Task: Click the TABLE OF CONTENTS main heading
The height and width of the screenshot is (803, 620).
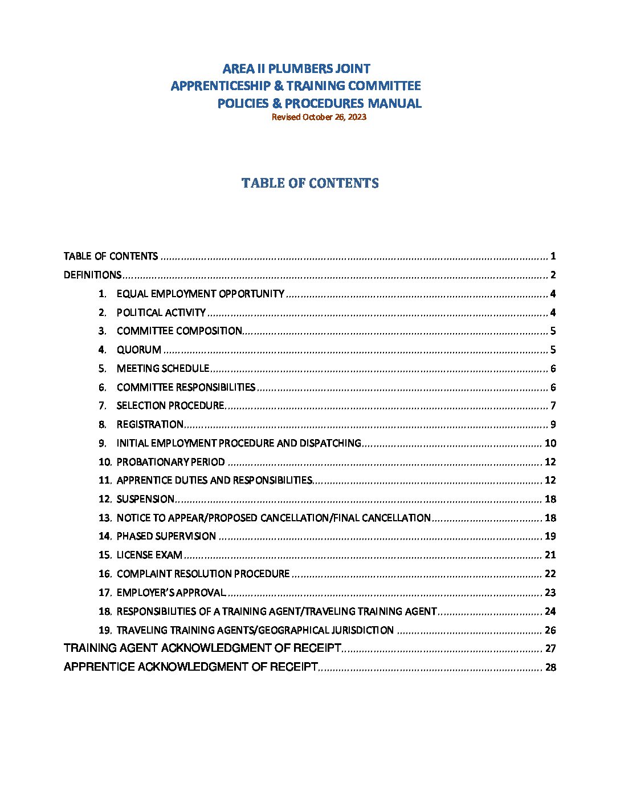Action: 310,183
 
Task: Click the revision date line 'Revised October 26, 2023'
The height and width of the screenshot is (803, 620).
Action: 319,117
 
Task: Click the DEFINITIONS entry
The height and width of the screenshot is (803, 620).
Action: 92,275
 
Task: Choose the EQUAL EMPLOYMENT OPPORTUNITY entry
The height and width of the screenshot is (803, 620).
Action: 200,294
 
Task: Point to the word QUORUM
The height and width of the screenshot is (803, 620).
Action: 138,350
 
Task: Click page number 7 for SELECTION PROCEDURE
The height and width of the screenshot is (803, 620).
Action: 553,406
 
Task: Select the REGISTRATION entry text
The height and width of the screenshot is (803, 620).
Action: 150,424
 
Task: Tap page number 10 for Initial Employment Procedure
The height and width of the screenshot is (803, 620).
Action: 550,443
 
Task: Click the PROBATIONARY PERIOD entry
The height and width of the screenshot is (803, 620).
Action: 170,462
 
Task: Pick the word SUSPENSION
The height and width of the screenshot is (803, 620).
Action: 145,499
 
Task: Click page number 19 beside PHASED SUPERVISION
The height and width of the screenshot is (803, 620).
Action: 550,536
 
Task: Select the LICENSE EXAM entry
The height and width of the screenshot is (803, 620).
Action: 149,555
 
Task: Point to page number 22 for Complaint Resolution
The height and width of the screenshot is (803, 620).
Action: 550,574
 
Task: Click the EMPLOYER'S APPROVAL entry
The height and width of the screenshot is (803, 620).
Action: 171,593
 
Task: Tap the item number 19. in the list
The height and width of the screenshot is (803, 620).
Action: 105,630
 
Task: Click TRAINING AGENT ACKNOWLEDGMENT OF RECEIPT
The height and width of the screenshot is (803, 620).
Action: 202,648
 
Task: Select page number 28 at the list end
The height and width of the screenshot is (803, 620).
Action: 550,667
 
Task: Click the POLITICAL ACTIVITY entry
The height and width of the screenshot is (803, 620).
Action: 161,313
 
